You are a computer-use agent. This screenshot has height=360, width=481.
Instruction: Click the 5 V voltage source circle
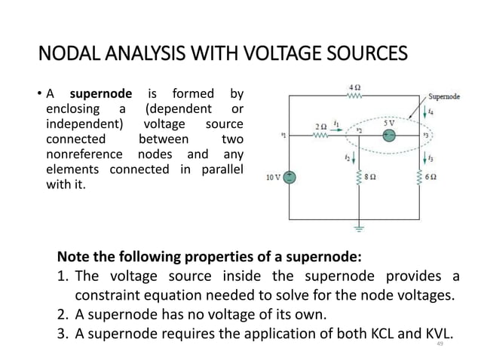coord(389,136)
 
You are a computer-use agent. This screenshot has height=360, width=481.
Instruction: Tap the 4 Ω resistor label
coord(354,87)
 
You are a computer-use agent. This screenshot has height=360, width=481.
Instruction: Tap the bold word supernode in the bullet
coord(100,94)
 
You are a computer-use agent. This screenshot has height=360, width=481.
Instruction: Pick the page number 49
coord(440,343)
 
